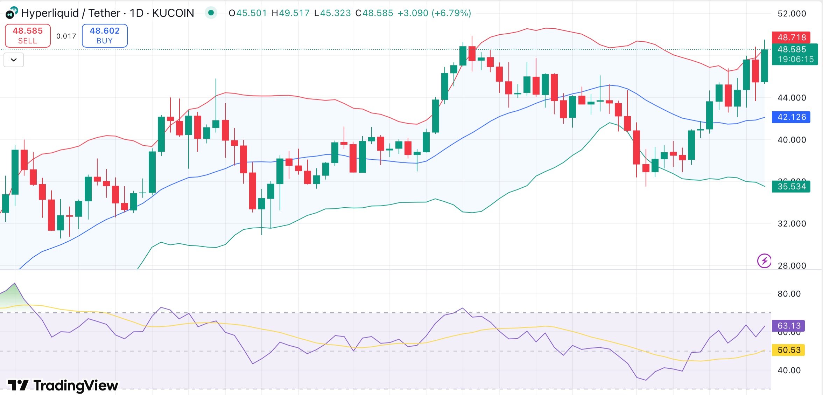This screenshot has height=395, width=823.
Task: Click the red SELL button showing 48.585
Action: coord(28,35)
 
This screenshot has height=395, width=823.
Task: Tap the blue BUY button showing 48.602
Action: coord(105,35)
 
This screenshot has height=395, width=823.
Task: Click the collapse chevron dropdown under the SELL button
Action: coord(14,60)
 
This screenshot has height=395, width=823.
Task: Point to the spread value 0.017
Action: coord(66,36)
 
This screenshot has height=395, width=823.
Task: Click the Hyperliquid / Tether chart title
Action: coord(50,13)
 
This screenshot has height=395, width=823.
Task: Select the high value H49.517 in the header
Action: coord(290,13)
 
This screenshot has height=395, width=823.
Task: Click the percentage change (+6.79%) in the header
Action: coord(451,13)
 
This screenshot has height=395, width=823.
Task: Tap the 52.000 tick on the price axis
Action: coord(792,14)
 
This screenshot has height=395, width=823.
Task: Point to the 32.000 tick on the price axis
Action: coord(792,223)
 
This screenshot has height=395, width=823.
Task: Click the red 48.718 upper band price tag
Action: coord(791,37)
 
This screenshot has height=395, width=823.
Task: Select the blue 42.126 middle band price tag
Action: coord(791,117)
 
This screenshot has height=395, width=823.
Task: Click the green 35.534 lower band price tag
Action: coord(791,186)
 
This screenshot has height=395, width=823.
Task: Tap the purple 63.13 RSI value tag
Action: coord(789,326)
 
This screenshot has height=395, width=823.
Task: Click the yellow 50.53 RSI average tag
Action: coord(789,350)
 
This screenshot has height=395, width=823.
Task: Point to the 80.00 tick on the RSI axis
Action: coord(789,294)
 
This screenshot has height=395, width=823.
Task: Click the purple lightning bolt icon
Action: coord(764,261)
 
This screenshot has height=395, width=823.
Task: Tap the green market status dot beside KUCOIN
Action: coord(211,13)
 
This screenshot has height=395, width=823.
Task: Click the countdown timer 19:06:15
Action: coord(796,59)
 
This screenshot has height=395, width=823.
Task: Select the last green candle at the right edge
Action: coord(765,66)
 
